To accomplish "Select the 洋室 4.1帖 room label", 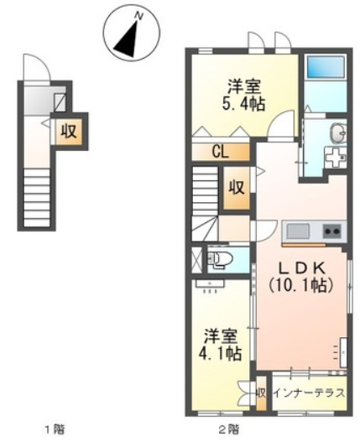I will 222,343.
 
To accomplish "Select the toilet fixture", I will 220,259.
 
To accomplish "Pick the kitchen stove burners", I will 331,231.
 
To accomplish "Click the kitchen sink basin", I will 298,231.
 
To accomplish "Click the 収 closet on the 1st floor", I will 66,131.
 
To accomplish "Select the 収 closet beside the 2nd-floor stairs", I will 236,186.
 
